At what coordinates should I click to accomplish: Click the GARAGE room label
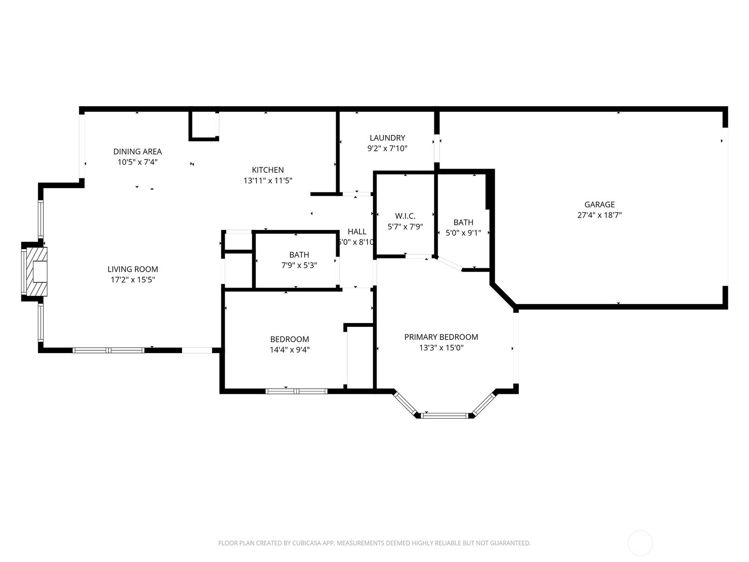click(x=599, y=204)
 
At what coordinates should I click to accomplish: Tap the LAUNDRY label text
click(x=387, y=138)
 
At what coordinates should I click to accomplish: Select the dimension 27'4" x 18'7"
click(x=599, y=215)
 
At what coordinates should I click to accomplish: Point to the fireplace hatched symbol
click(x=37, y=271)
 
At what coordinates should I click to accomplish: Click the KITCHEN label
click(x=267, y=170)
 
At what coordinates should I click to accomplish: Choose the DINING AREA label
click(x=138, y=151)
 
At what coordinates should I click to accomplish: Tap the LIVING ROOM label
click(x=133, y=269)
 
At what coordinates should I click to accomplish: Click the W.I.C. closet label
click(x=405, y=216)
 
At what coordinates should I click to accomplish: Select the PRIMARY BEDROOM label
click(x=441, y=337)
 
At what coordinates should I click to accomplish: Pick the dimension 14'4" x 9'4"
click(x=289, y=350)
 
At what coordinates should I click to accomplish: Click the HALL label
click(x=357, y=232)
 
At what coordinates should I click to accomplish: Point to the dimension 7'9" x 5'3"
click(x=299, y=265)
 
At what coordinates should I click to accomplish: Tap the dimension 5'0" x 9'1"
click(x=463, y=233)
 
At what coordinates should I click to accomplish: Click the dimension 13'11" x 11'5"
click(x=267, y=180)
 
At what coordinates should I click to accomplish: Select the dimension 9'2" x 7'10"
click(x=387, y=148)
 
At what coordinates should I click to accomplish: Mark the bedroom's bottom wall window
click(x=296, y=392)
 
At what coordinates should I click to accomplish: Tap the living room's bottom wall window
click(x=109, y=350)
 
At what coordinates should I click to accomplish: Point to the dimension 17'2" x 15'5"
click(x=133, y=280)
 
